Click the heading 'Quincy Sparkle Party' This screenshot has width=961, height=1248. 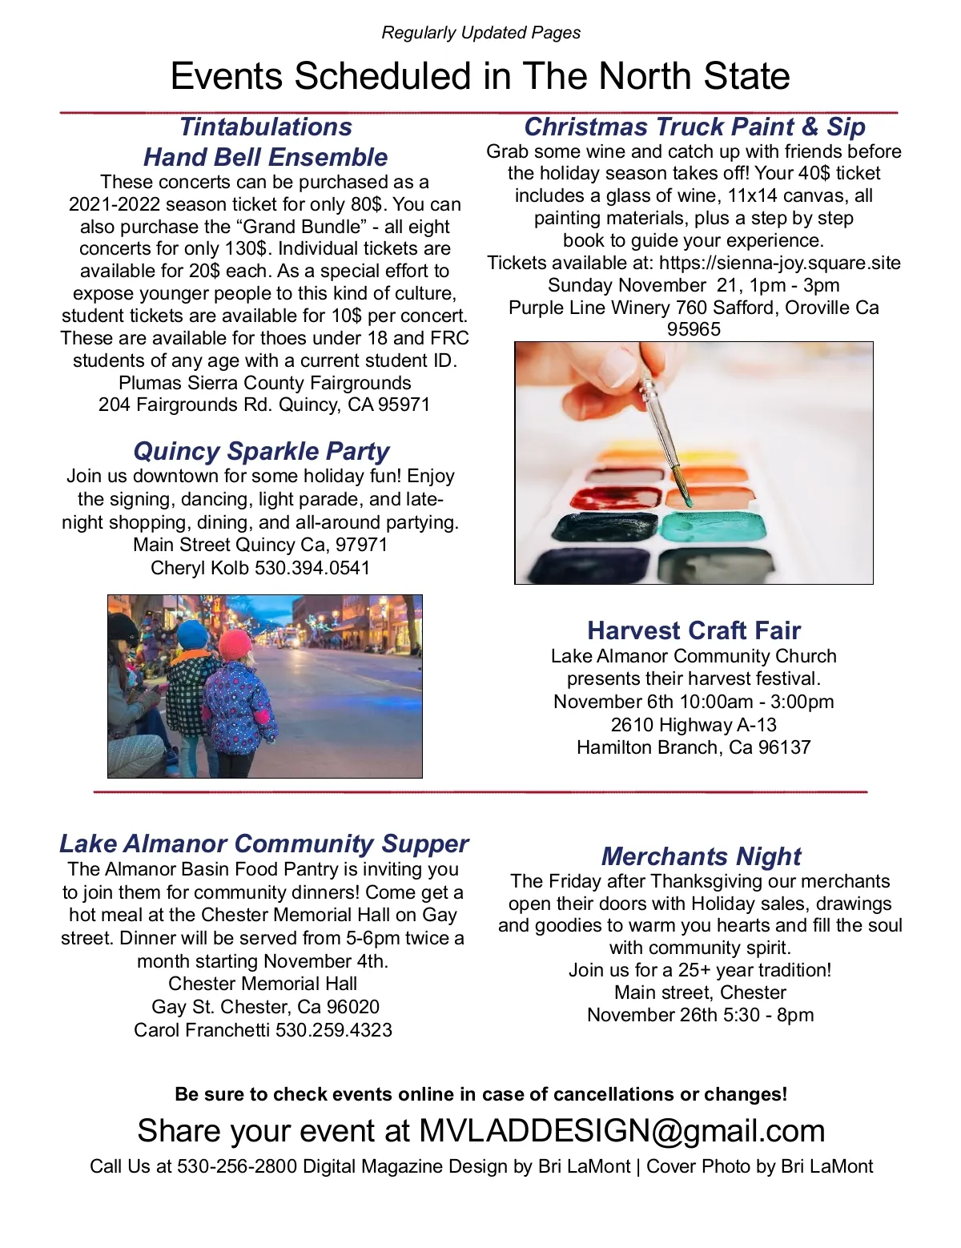pos(261,451)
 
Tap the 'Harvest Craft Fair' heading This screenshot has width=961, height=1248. pos(694,630)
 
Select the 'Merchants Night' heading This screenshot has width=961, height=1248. pos(701,856)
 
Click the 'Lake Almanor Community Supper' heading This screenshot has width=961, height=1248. pos(263,843)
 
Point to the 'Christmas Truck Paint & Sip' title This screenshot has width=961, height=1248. pos(694,127)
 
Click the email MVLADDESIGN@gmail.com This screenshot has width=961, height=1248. pos(621,1130)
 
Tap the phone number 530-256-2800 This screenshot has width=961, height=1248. pos(237,1166)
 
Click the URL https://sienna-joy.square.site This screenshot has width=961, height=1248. pos(779,263)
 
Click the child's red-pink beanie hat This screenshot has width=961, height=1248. pos(235,644)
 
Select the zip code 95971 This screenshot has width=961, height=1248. pos(404,405)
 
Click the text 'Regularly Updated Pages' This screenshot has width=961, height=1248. pos(480,33)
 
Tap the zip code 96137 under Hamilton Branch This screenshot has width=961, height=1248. pos(784,747)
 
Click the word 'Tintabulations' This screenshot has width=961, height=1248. pos(265,127)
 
